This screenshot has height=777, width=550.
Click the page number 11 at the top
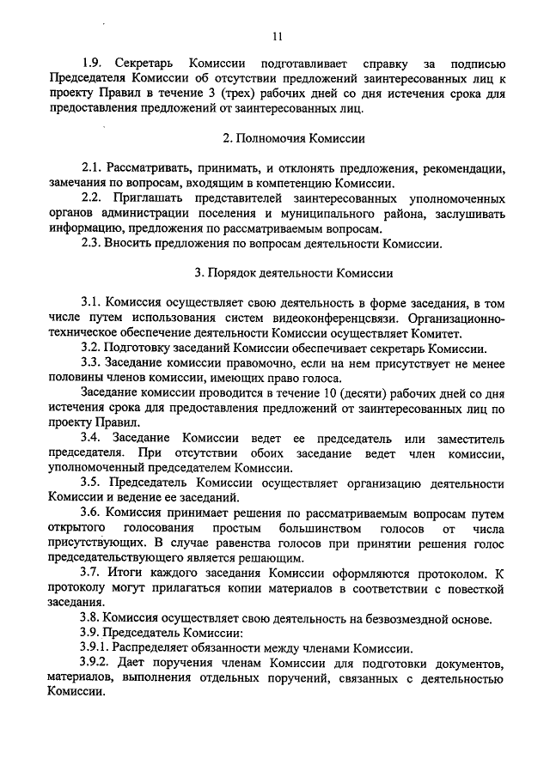(x=275, y=36)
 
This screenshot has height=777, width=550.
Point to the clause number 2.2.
(x=92, y=198)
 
